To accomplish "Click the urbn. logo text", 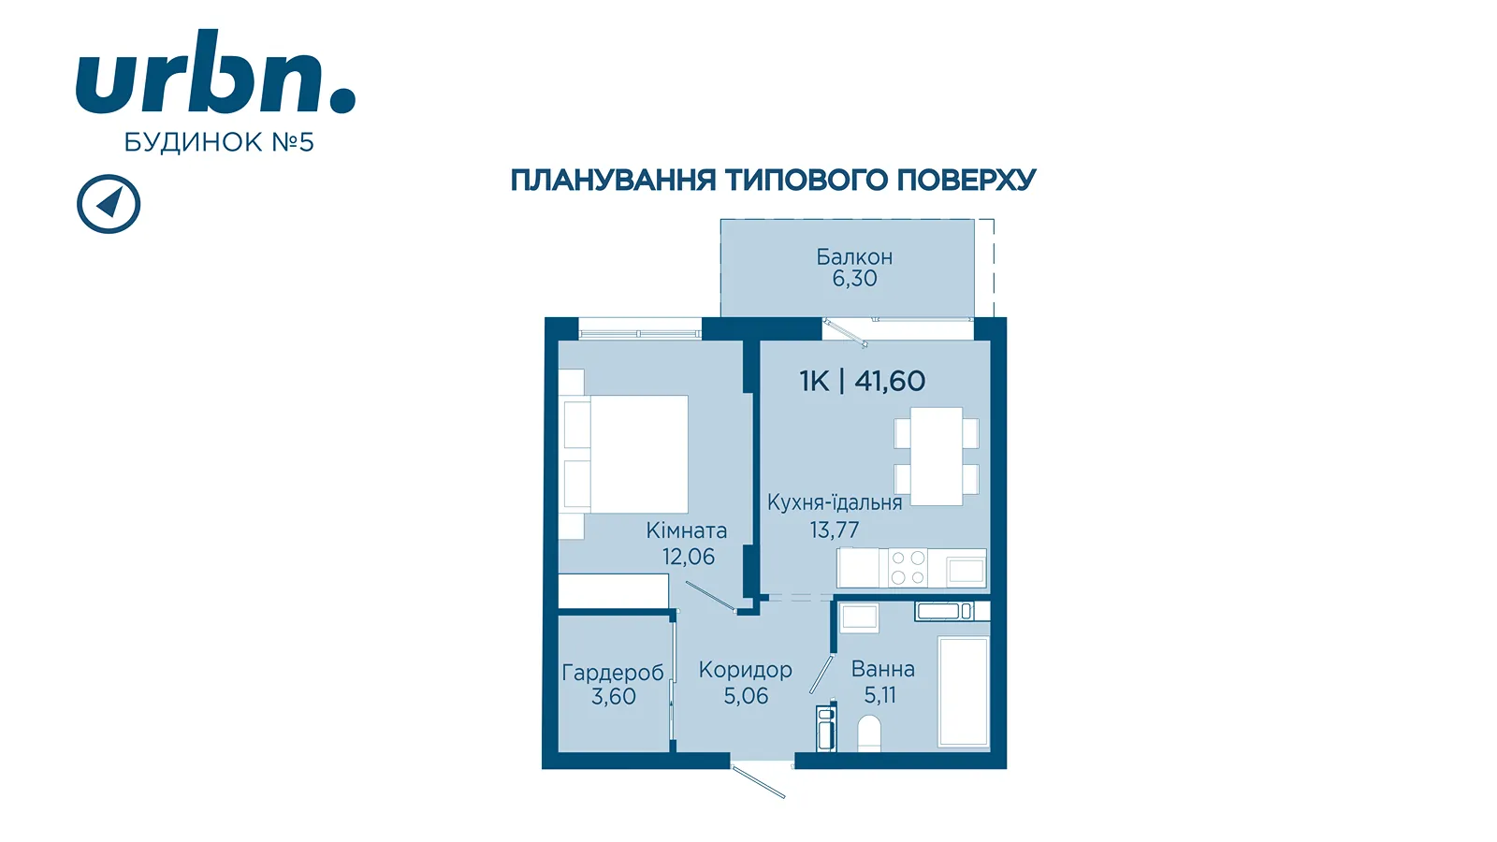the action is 215,71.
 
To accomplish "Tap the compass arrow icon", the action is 109,204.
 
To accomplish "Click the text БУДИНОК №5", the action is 219,142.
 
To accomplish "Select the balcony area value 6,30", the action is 854,278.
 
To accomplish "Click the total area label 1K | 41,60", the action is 862,381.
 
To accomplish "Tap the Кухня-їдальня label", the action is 834,502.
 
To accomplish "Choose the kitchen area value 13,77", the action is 834,530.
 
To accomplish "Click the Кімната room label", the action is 687,530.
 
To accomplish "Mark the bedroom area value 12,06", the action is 689,556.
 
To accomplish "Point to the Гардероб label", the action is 613,673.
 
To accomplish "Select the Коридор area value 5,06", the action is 746,696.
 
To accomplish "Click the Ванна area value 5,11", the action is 879,695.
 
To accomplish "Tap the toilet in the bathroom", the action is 869,733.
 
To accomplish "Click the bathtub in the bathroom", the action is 963,691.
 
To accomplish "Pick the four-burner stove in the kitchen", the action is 908,568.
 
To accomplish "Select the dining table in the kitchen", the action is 937,457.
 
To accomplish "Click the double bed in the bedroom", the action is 626,455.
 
